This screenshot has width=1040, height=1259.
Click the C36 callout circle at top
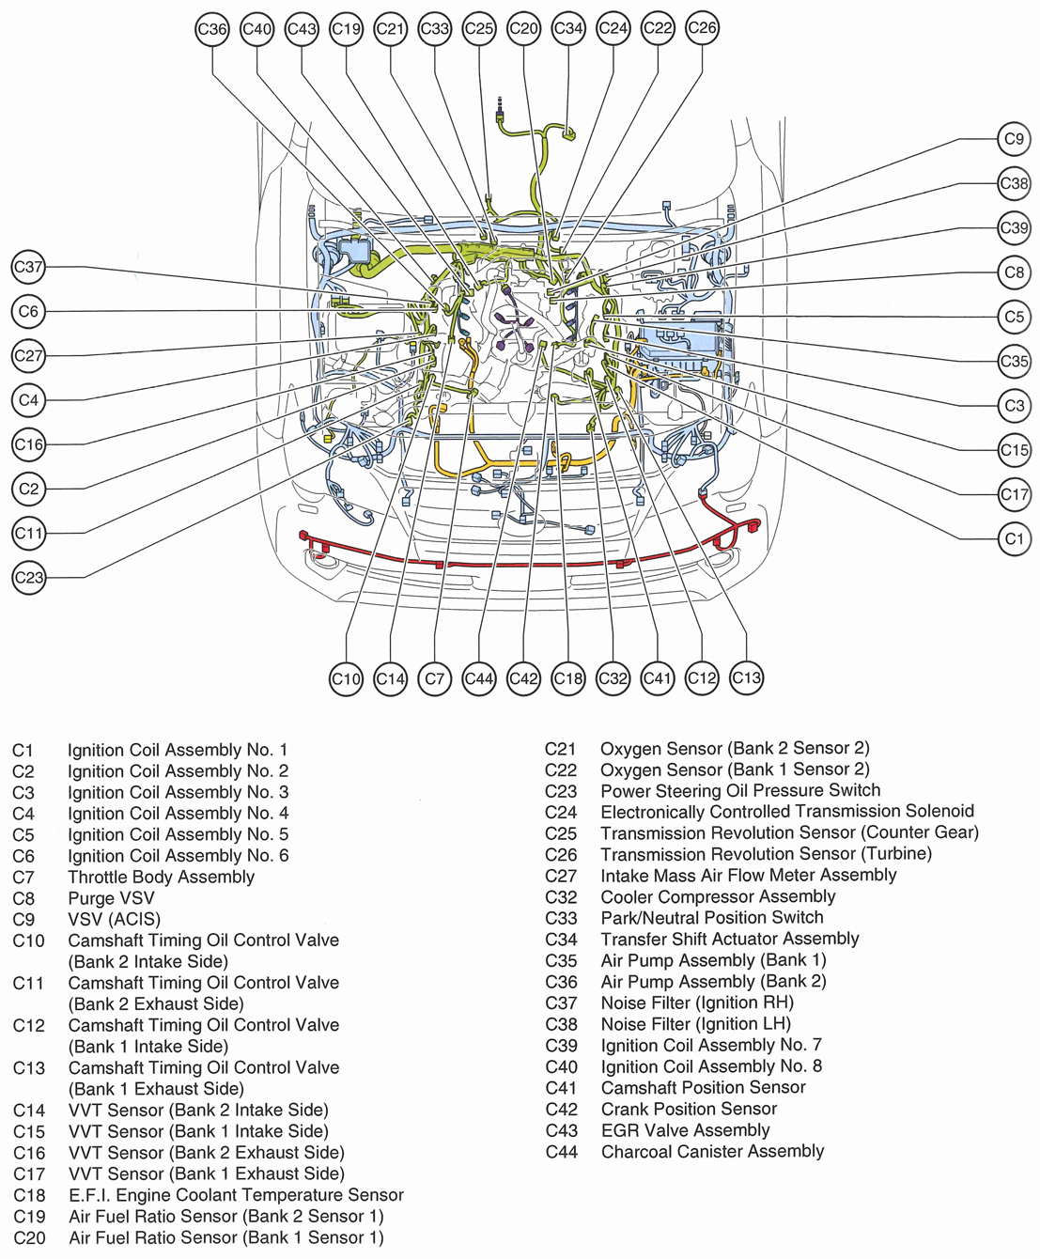[x=212, y=29]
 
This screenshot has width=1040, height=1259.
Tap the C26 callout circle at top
[x=702, y=28]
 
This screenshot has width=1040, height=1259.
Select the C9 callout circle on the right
[x=1014, y=139]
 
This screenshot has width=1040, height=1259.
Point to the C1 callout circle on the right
[x=1014, y=538]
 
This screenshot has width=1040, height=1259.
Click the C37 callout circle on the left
[x=29, y=267]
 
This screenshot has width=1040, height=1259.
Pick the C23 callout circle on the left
[x=29, y=577]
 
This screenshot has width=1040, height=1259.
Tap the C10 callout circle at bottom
[x=346, y=678]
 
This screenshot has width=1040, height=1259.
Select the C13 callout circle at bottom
[x=746, y=677]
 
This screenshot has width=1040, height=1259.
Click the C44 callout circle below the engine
[x=479, y=678]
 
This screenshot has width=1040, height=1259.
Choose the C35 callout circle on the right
[x=1014, y=361]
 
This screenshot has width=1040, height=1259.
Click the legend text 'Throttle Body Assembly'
[x=161, y=877]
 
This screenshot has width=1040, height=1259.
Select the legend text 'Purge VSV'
[x=111, y=898]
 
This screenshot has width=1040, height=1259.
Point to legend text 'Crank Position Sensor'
[x=689, y=1109]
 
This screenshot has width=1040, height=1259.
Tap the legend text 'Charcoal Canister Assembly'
[x=712, y=1151]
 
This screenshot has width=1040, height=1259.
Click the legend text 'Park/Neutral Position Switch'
[x=711, y=917]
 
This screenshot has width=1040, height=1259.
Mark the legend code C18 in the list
[x=29, y=1195]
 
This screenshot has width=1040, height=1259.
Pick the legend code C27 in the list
[x=561, y=875]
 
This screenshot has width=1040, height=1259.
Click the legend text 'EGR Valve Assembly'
[x=685, y=1130]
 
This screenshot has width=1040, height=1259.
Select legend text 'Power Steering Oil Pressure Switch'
[x=740, y=790]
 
